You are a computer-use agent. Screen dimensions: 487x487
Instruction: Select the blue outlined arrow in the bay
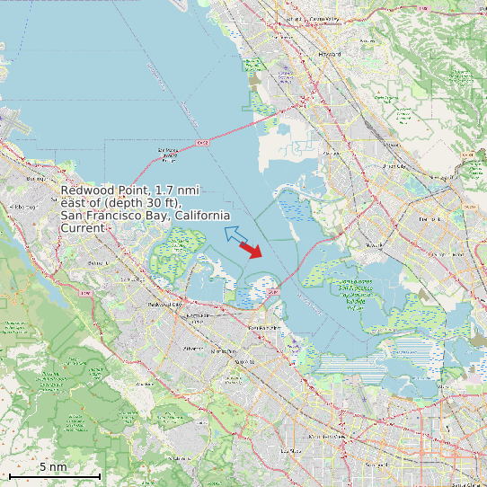pyautogui.click(x=235, y=235)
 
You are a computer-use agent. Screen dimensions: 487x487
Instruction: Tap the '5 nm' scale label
pyautogui.click(x=53, y=467)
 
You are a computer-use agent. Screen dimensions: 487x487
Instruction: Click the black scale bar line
pyautogui.click(x=54, y=475)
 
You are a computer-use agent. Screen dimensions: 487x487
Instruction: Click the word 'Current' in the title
pyautogui.click(x=82, y=228)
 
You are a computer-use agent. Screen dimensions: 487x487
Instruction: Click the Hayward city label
pyautogui.click(x=330, y=54)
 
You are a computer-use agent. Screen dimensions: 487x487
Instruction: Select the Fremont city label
pyautogui.click(x=427, y=218)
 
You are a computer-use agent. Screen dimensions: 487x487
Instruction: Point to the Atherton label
pyautogui.click(x=193, y=347)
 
